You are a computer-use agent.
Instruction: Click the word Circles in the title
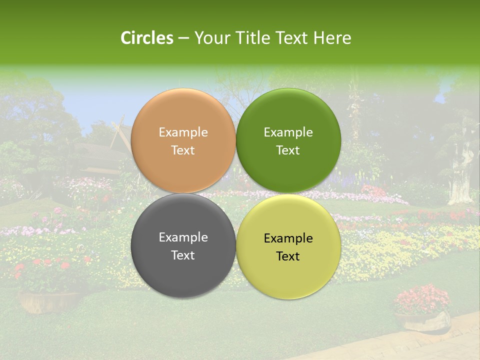point(146,38)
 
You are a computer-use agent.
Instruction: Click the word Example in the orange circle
point(183,132)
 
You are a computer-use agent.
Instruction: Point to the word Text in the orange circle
point(183,150)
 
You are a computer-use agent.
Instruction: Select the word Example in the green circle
point(288,132)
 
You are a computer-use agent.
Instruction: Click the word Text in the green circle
point(288,150)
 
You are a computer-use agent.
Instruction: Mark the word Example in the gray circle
point(183,237)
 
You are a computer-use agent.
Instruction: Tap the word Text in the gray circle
point(183,255)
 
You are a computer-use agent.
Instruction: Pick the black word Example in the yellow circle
point(288,238)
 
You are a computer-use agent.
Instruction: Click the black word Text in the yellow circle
point(288,256)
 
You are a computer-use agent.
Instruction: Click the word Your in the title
point(210,38)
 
